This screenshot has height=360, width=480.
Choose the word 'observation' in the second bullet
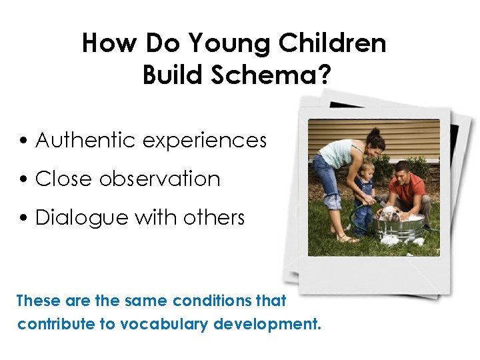tap(159, 179)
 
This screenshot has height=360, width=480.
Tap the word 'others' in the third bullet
tap(216, 218)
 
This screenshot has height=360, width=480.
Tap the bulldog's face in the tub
tap(389, 214)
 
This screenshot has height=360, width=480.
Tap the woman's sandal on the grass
tap(345, 239)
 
